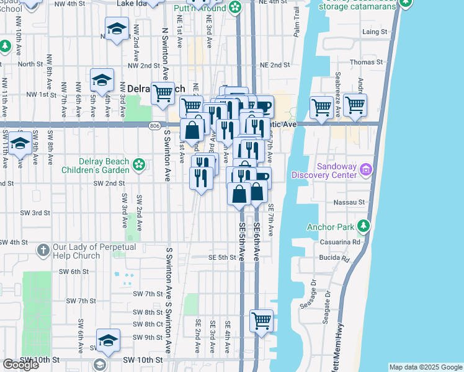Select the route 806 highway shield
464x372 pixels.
point(153,125)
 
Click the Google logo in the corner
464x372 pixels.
point(20,365)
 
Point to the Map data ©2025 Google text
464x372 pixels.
point(425,367)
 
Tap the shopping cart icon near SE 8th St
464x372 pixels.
point(262,321)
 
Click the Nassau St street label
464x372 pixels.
point(352,202)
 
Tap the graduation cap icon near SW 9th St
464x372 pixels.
point(108,340)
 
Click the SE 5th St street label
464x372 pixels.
point(222,257)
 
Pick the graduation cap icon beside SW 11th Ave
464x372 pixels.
point(20,142)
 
